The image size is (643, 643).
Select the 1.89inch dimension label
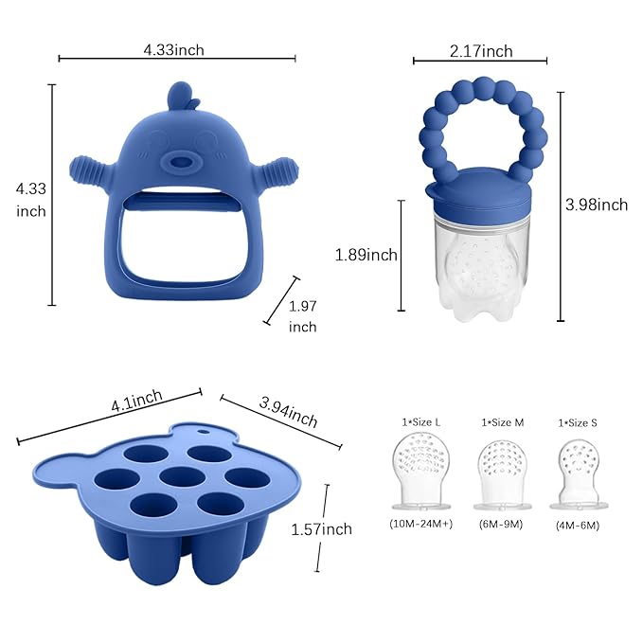click(x=366, y=255)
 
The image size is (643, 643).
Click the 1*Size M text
click(x=503, y=422)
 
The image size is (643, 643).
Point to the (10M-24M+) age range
click(x=420, y=523)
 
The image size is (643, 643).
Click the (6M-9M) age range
click(x=502, y=523)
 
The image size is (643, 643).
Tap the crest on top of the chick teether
click(x=177, y=97)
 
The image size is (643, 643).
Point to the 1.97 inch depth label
click(x=303, y=314)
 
